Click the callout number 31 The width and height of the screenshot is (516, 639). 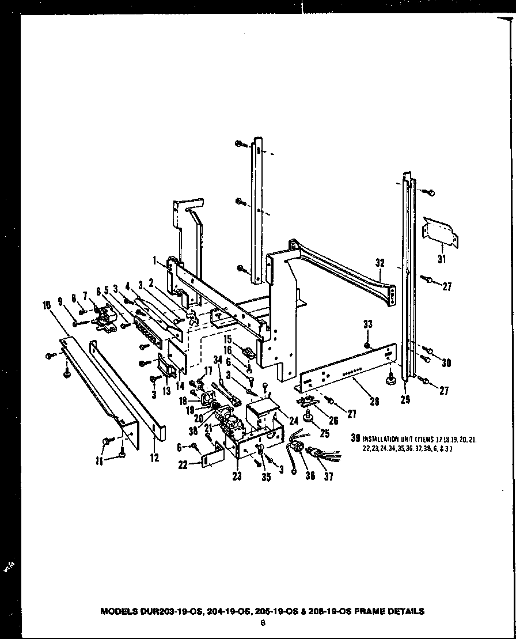coord(442,259)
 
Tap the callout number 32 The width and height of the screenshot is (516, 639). coord(380,263)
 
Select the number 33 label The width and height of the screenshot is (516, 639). coord(368,324)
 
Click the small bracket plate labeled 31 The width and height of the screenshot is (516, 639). coord(442,232)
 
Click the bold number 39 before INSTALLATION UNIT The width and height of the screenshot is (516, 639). coord(356,438)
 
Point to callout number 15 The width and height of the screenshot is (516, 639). coord(227,338)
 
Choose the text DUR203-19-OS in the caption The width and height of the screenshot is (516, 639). coord(162,611)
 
